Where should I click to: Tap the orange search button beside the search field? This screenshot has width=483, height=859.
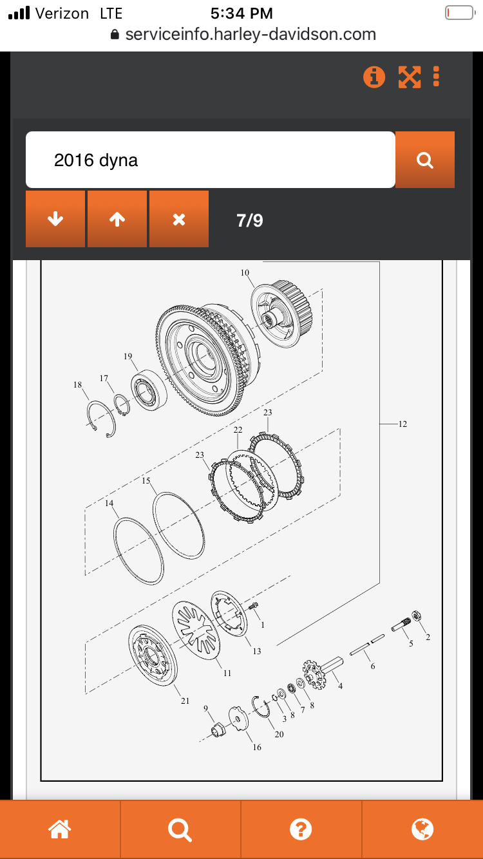[424, 160]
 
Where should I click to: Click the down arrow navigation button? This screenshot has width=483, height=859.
[55, 219]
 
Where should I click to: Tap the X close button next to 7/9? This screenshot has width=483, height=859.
[179, 219]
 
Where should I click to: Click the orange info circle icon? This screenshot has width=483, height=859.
[374, 77]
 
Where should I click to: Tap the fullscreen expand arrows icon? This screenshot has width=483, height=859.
[410, 77]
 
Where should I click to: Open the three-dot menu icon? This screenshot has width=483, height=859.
[436, 77]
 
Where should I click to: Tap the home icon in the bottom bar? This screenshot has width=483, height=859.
[59, 829]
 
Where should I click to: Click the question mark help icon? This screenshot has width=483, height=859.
[301, 829]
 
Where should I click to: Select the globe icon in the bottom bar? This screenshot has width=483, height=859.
[422, 829]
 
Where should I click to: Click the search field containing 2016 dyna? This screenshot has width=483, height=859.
[210, 160]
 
